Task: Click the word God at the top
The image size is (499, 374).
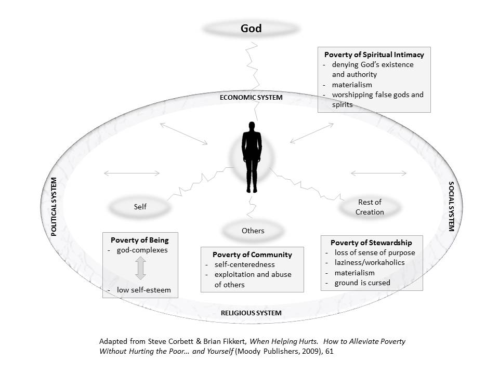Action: pos(251,29)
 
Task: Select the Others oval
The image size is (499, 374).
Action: pos(253,230)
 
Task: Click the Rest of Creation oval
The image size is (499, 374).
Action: pos(370,207)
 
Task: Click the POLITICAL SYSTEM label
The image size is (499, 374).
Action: pos(54,207)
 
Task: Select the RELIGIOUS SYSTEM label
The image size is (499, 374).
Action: pos(251,313)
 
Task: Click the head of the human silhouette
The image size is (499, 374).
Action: pos(252,127)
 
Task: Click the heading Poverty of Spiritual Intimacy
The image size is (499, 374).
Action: pos(374,55)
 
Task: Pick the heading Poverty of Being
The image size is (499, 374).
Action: pos(140,241)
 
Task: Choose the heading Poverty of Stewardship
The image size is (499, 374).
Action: pos(371,243)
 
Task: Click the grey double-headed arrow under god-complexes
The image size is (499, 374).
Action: pos(140,269)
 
